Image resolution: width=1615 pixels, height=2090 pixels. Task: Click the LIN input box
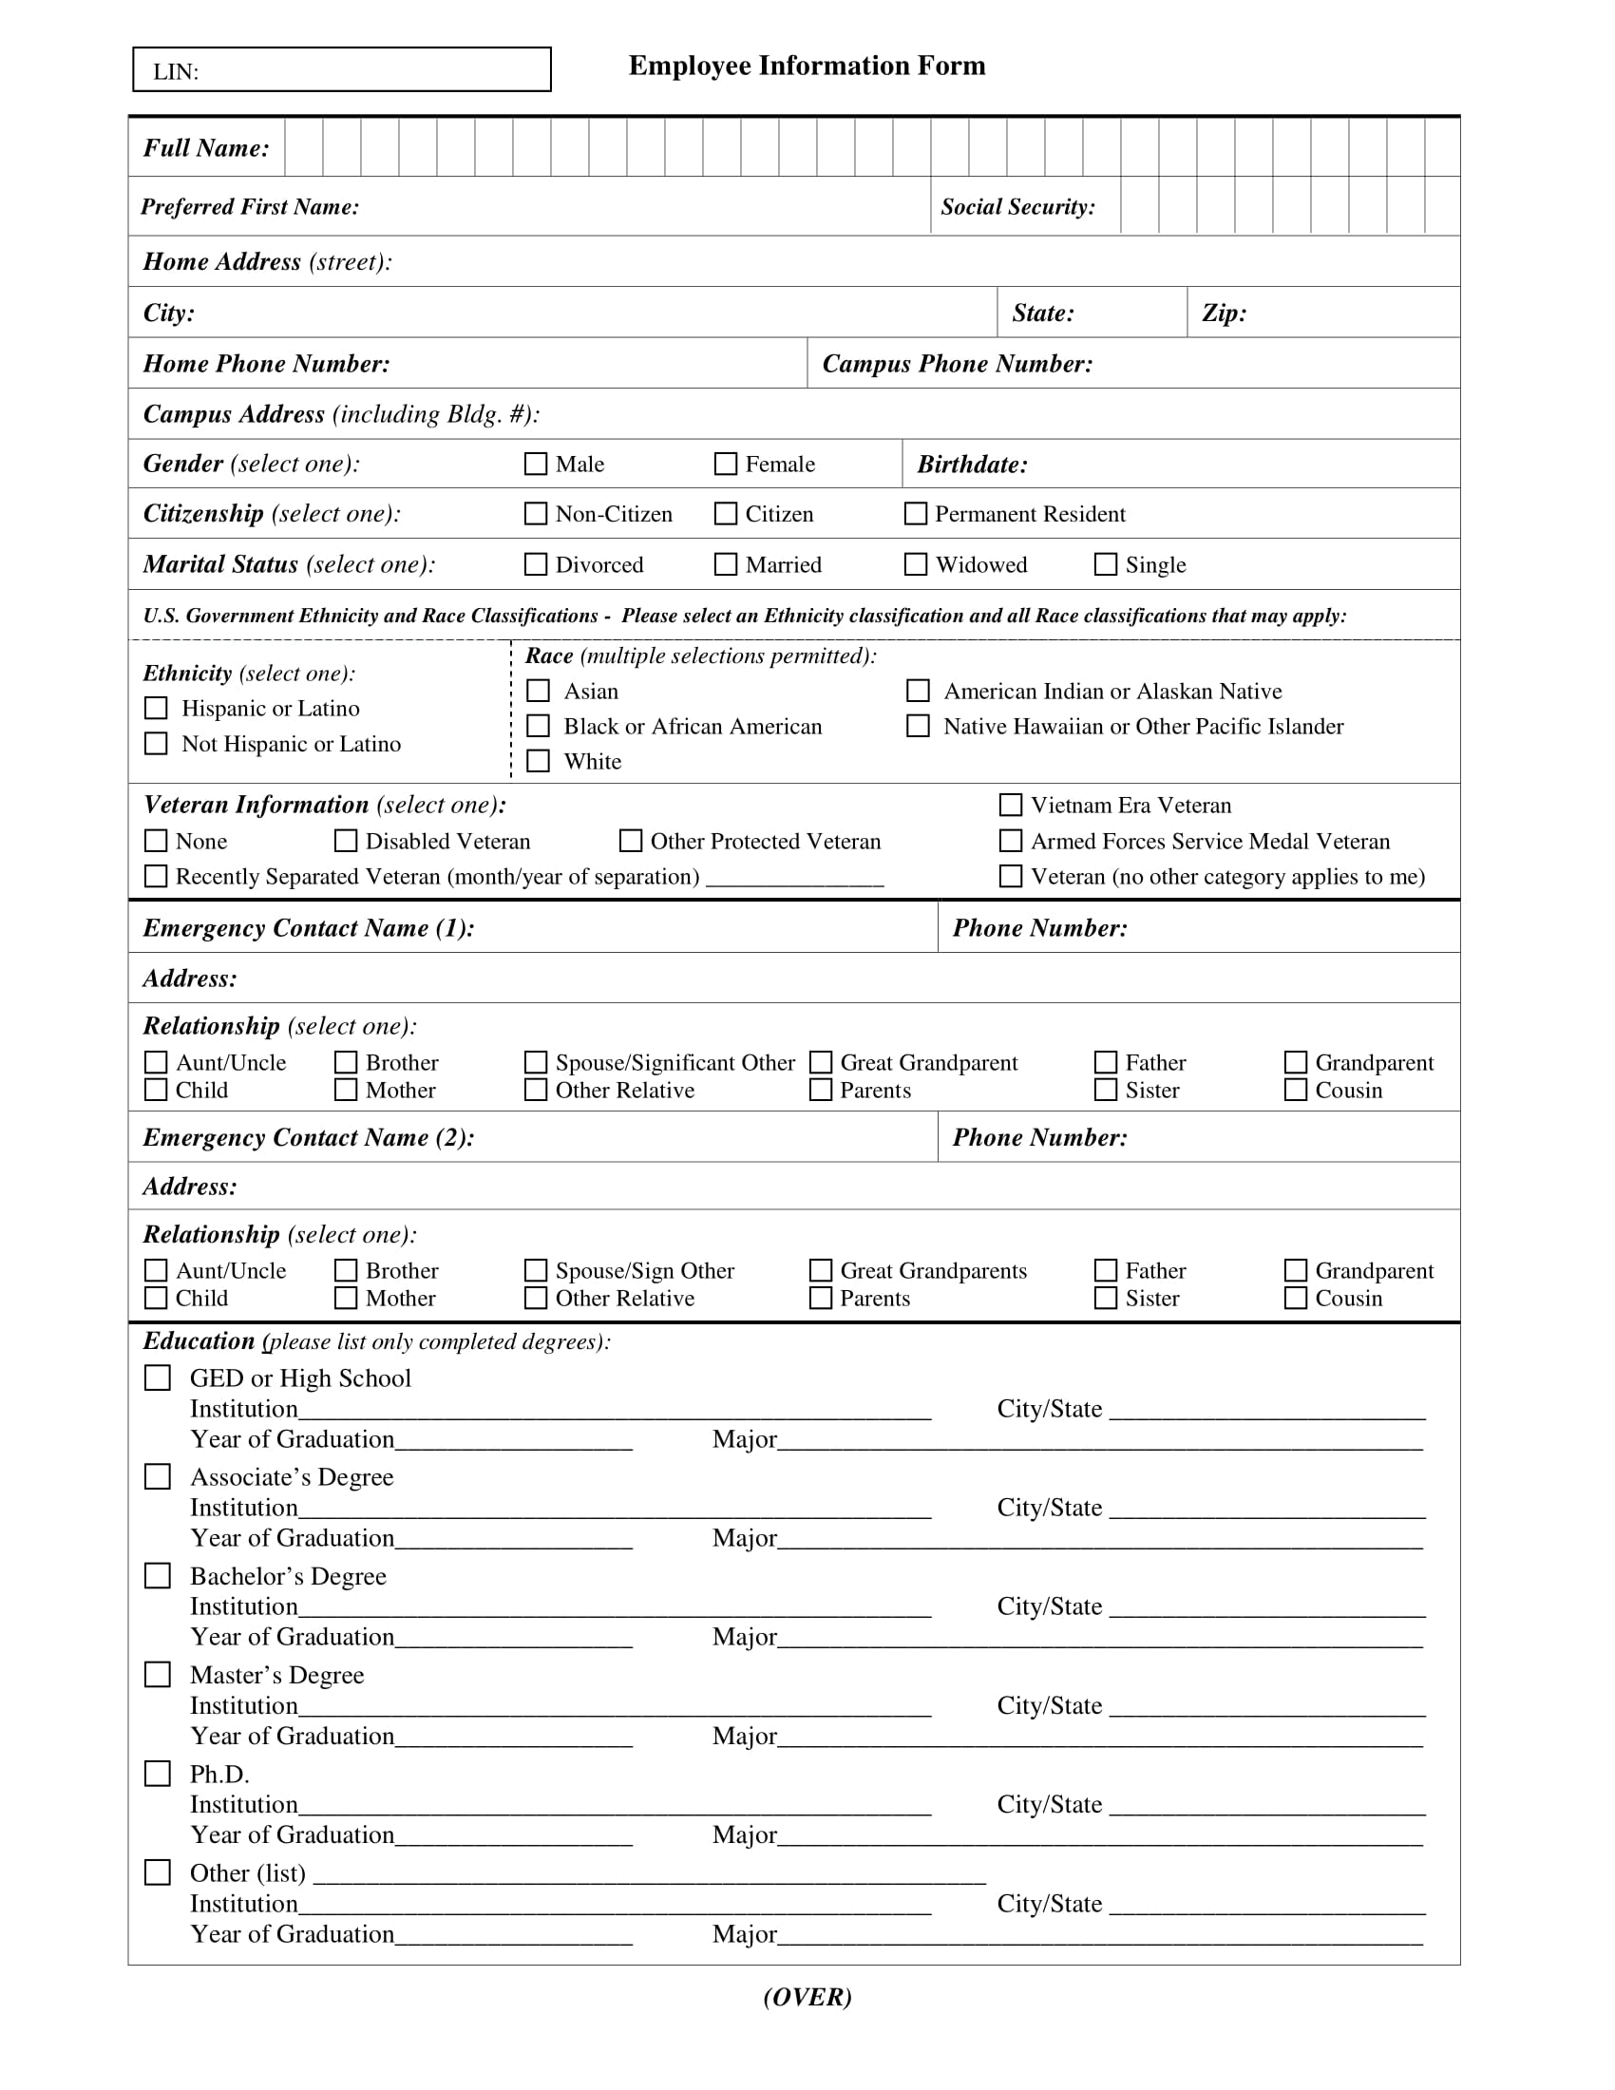tap(342, 70)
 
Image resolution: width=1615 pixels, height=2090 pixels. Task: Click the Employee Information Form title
tap(807, 65)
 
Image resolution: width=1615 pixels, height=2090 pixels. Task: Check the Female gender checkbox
tap(726, 465)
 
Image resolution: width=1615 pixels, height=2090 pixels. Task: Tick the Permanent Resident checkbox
tap(916, 514)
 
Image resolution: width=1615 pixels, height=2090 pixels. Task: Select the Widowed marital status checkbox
tap(916, 564)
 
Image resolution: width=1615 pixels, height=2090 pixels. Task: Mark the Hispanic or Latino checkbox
tap(156, 708)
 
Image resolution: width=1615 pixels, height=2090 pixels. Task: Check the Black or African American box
tap(539, 727)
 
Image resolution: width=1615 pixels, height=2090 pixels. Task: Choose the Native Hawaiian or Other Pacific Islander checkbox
tap(918, 727)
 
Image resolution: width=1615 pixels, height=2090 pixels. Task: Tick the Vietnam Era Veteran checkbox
tap(1011, 805)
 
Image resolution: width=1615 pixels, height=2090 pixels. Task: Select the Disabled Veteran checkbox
tap(346, 841)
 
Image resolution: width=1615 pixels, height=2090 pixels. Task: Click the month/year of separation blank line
tap(794, 879)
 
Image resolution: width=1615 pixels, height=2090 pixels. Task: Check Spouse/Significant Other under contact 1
tap(536, 1062)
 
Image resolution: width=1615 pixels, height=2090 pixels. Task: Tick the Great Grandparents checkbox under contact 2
tap(820, 1271)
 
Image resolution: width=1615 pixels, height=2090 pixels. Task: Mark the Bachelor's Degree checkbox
tap(157, 1576)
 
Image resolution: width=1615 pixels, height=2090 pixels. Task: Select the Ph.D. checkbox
tap(157, 1775)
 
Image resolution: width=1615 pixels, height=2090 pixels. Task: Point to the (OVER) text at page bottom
tap(807, 1997)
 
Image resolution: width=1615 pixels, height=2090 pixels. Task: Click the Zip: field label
tap(1224, 313)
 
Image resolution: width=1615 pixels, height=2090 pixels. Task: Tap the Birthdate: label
tap(972, 465)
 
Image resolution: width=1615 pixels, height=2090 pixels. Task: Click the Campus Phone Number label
tap(957, 364)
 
